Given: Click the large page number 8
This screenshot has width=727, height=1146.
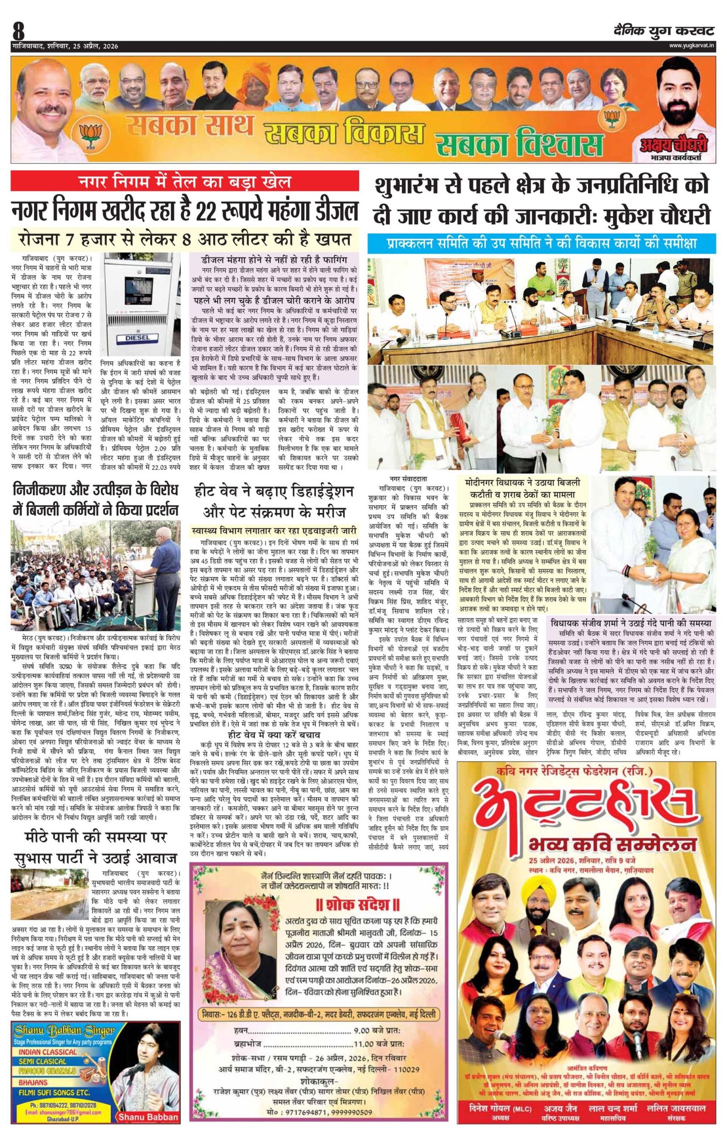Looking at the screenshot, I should click(19, 31).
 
